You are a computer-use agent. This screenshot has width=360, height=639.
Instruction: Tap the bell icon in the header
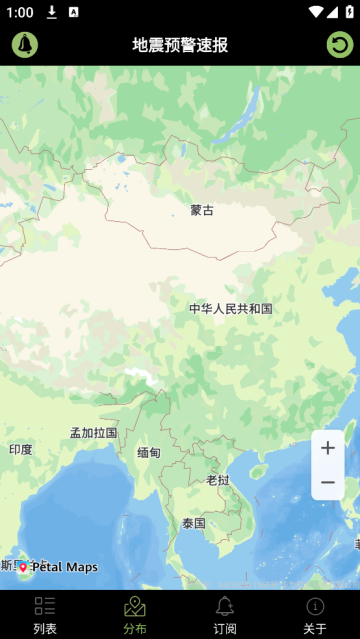point(25,45)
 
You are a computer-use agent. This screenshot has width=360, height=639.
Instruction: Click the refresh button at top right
point(340,45)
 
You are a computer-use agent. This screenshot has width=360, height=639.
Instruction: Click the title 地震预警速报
point(180,45)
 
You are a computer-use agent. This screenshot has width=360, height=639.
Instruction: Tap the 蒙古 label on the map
point(202,210)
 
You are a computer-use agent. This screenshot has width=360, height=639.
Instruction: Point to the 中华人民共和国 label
point(231,309)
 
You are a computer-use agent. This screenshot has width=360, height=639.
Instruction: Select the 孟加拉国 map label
point(93,433)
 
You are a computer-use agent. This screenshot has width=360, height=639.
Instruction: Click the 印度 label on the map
point(21,450)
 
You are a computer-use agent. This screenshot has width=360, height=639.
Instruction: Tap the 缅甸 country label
point(149,453)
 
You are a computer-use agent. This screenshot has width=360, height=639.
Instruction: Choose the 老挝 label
point(218,480)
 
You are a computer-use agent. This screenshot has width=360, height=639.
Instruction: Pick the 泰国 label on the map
point(194,523)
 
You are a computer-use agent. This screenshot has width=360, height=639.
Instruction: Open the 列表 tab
point(45,615)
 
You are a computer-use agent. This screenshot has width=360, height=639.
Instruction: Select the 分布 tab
point(135,615)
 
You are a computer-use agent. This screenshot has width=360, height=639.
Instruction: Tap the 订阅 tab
point(225,615)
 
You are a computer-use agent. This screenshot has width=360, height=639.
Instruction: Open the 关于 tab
point(315,615)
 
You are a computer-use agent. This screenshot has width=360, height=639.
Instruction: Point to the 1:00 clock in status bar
point(19,12)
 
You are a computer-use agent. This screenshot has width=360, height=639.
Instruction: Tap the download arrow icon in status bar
point(52,12)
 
